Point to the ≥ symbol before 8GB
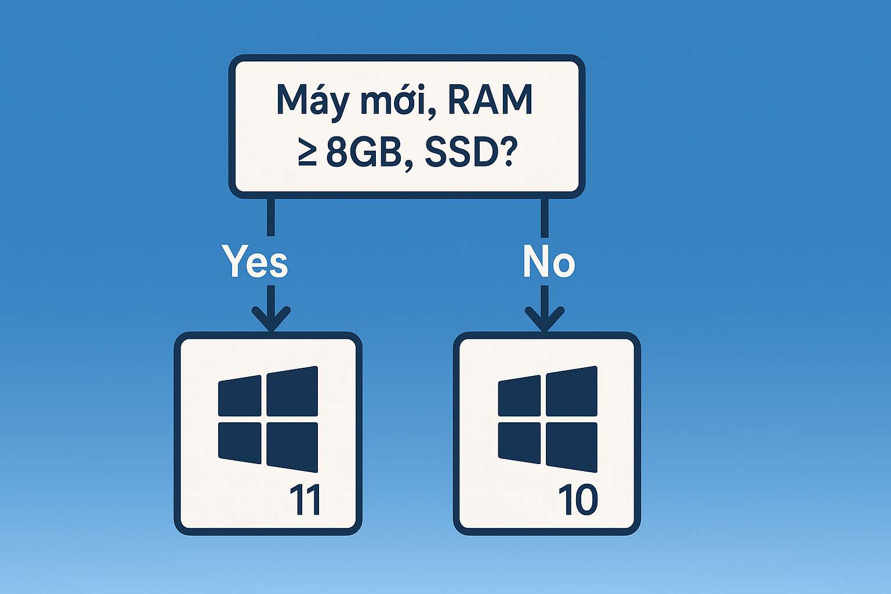click(307, 154)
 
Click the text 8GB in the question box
click(364, 154)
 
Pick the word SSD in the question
click(458, 154)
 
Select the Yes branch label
click(255, 262)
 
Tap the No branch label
click(548, 262)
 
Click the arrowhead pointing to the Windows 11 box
click(271, 320)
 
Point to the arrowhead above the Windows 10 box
click(544, 320)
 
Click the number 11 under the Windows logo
click(305, 500)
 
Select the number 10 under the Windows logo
click(578, 500)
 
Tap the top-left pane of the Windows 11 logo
click(240, 396)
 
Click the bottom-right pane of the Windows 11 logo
click(292, 446)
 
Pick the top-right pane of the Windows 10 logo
click(571, 391)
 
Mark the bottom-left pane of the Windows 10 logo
click(519, 443)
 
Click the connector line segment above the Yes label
click(271, 217)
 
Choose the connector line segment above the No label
click(544, 217)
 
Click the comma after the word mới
click(430, 113)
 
